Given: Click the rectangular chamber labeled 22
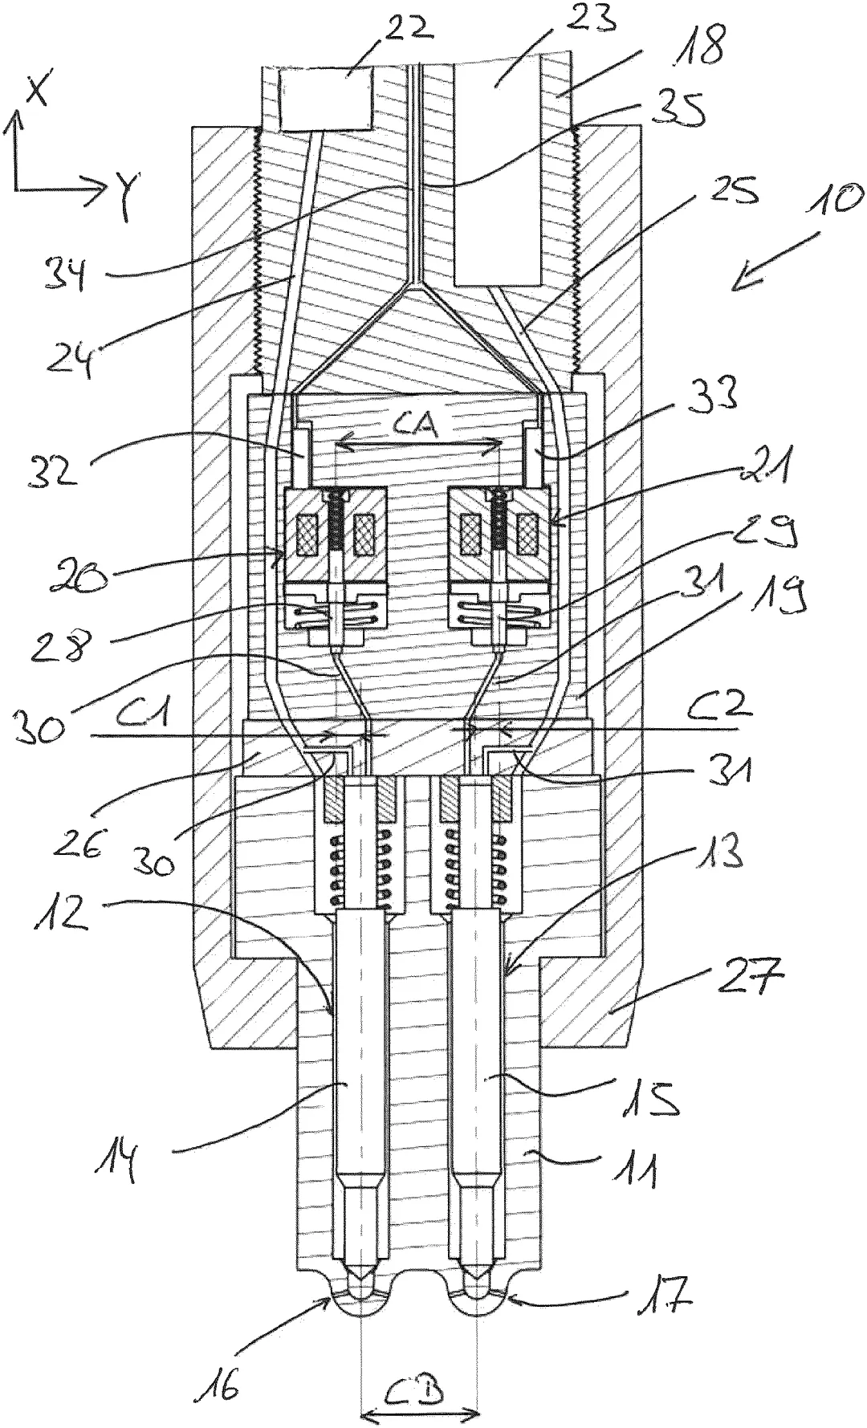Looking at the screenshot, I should coord(328,99).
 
